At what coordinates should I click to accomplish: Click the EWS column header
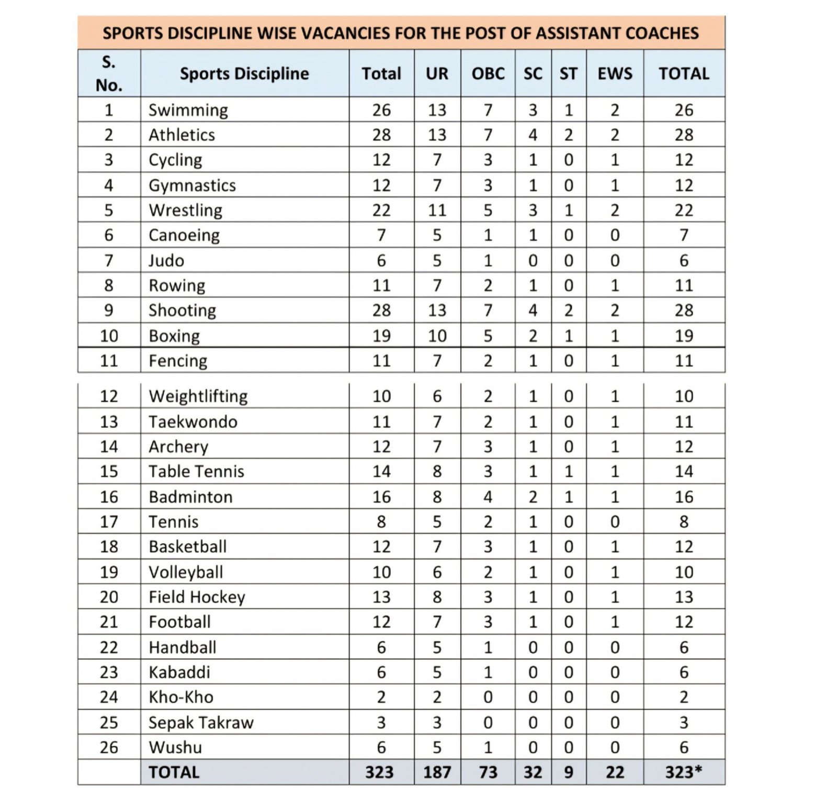pos(615,73)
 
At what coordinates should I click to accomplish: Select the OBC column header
pos(488,73)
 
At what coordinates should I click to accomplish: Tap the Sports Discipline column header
pos(244,73)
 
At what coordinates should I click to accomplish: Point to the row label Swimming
pos(188,110)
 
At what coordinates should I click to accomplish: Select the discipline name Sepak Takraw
pos(201,722)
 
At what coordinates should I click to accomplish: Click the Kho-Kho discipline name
pos(181,697)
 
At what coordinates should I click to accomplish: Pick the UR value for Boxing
pos(437,336)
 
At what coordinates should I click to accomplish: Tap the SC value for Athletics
pos(533,135)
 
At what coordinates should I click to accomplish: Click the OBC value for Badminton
pos(488,496)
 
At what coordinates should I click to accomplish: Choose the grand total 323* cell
pos(683,772)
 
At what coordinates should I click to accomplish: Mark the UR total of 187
pos(437,772)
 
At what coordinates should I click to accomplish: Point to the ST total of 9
pos(569,772)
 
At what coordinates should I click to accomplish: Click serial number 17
pos(109,522)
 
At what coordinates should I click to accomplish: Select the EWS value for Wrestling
pos(615,210)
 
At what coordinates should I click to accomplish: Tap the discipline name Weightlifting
pos(198,396)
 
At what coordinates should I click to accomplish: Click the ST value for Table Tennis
pos(569,471)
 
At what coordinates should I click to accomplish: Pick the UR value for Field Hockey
pos(437,596)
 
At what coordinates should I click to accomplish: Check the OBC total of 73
pos(488,772)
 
